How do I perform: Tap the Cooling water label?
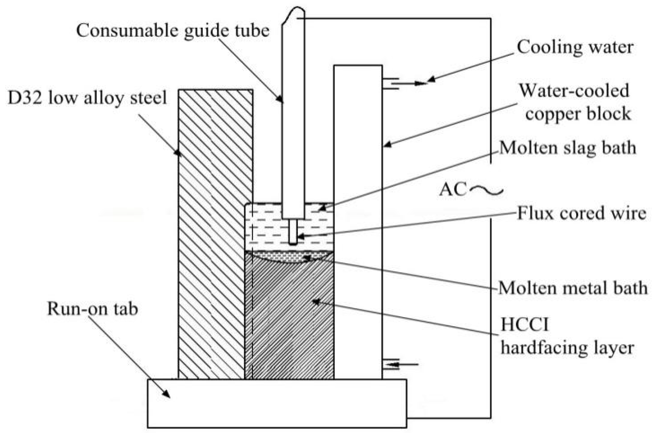(575, 47)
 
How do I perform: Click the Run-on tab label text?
(92, 309)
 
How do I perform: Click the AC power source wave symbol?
(486, 191)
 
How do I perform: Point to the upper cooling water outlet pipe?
(390, 84)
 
